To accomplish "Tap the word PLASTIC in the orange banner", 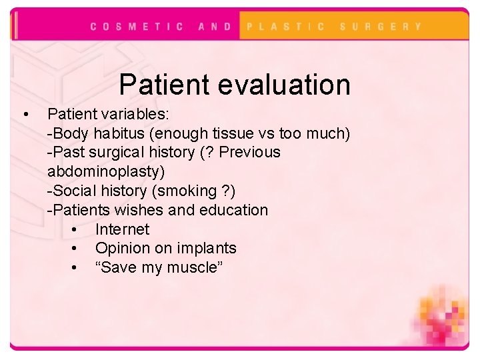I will [x=286, y=27].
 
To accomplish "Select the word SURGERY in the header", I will [x=381, y=27].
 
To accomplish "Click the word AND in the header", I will [x=215, y=27].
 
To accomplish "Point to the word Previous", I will [x=250, y=152].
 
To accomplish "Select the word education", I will [x=232, y=210].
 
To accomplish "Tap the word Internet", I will [x=122, y=229].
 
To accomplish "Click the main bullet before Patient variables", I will [x=25, y=114].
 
